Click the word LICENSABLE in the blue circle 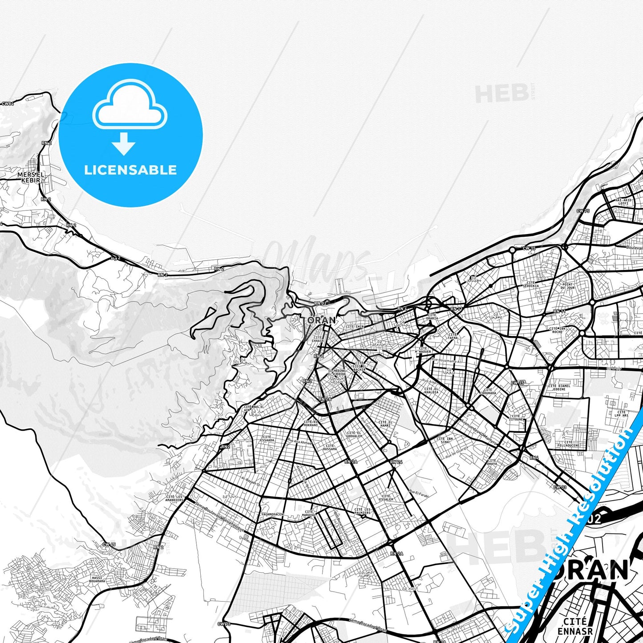coord(130,170)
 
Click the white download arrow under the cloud coord(124,144)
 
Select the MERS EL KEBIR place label coord(32,178)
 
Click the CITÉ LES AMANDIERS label coord(174,498)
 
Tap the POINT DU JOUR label coord(567,286)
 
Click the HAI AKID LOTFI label coord(623,202)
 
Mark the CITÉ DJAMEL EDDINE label coord(559,388)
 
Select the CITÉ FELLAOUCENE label coord(568,444)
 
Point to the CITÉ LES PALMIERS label coord(362,511)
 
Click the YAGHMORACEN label coord(272,514)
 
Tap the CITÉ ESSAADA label coord(267,439)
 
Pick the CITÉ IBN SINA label coord(445,440)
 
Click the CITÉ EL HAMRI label coord(385,424)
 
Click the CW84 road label coord(8,104)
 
